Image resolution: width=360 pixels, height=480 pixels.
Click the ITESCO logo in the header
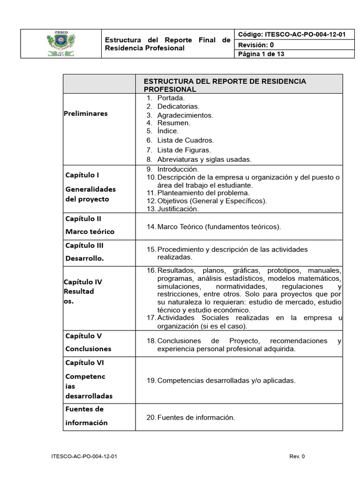pos(61,44)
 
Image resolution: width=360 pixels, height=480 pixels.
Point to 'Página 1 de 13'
pos(262,54)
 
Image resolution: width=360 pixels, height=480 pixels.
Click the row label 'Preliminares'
pos(86,113)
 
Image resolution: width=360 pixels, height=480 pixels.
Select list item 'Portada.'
pos(171,98)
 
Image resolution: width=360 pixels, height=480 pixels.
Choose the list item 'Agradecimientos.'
pos(185,115)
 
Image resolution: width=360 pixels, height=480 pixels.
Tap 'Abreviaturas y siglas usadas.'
pos(204,159)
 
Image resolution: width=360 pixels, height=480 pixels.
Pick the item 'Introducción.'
pos(178,169)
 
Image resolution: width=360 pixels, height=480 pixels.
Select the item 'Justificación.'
pos(178,209)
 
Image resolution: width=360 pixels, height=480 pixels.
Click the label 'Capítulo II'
pos(84,218)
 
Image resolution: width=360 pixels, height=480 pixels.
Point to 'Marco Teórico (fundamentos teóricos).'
pos(219,227)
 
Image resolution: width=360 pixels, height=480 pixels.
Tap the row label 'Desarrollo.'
pos(85,258)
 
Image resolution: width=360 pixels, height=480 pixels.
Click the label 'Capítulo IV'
pos(82,282)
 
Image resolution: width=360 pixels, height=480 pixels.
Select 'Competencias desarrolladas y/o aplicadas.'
pos(226,380)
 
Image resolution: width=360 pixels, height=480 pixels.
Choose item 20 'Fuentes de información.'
pos(196,417)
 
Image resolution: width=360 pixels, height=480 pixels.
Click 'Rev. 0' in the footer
pos(297,456)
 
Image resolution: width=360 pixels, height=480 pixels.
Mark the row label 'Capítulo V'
pos(83,336)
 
